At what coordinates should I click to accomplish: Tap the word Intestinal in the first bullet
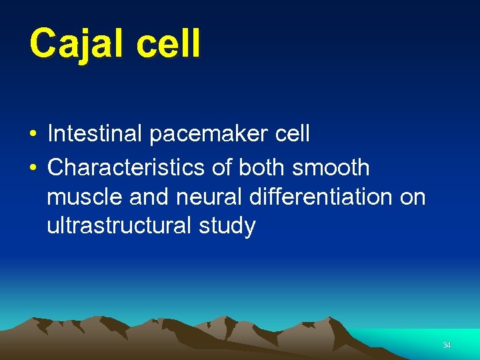pos(95,134)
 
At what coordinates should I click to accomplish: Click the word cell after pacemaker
pos(292,134)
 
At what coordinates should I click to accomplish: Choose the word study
pos(227,227)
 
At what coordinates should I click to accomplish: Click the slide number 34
pos(447,345)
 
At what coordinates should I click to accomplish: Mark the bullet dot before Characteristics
pos(32,168)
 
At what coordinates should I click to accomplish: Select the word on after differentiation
pos(413,197)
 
